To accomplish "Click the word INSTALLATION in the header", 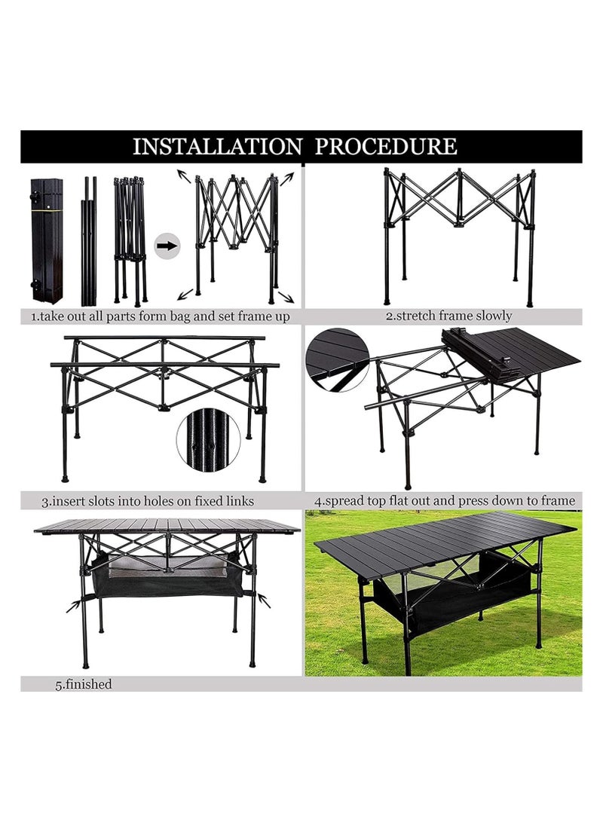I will tap(217, 146).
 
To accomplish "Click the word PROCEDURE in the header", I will tap(385, 146).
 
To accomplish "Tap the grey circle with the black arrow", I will tap(167, 246).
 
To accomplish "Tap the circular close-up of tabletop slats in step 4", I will tap(337, 360).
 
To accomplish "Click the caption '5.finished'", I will tap(83, 684).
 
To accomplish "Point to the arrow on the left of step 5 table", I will tap(73, 604).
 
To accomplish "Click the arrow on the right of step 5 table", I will tap(264, 600).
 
